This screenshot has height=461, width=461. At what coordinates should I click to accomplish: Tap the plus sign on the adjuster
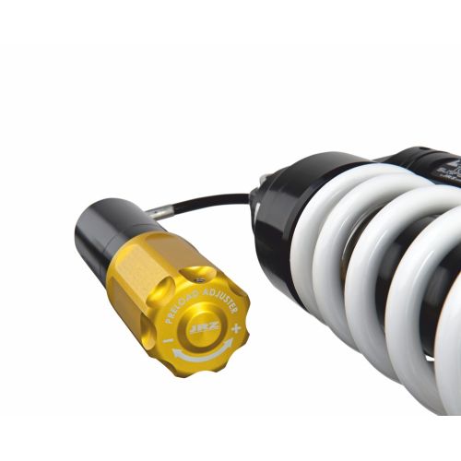[x=236, y=328]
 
